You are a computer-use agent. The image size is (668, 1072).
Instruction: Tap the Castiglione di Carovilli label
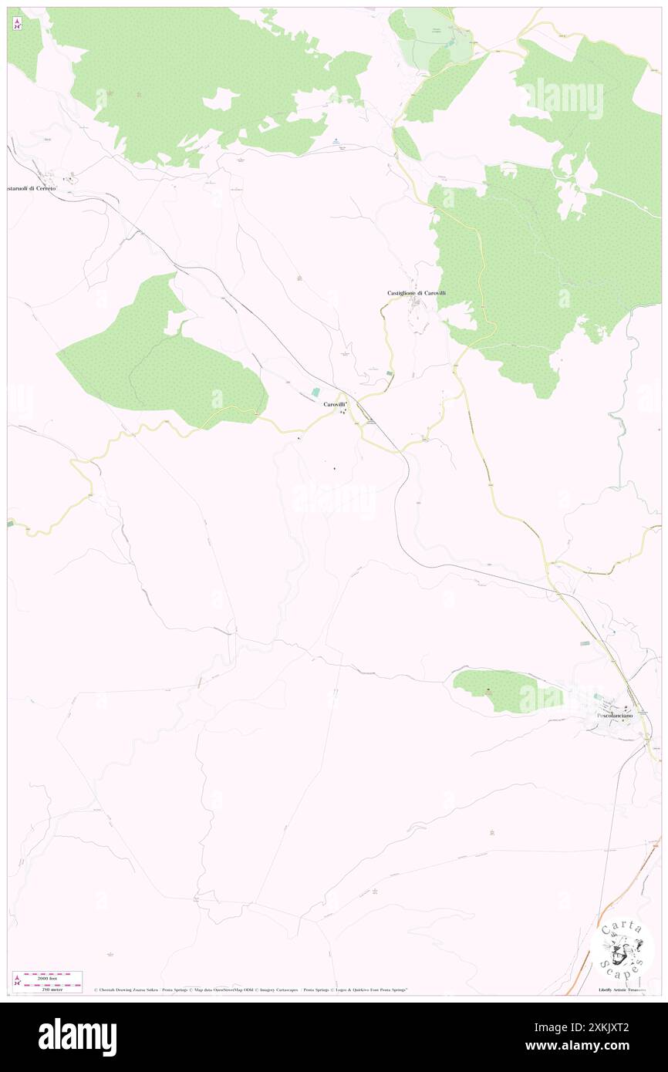(417, 293)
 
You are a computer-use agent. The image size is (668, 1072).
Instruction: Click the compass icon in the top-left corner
(17, 23)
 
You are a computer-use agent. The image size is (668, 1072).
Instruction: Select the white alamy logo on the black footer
(77, 1037)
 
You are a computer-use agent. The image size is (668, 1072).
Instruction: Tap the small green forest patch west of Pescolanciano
(505, 690)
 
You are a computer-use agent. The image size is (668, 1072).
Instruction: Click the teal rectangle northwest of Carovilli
(315, 393)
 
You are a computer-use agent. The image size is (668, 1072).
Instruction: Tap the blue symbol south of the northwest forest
(336, 140)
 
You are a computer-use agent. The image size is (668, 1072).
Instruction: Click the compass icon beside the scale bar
(17, 980)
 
